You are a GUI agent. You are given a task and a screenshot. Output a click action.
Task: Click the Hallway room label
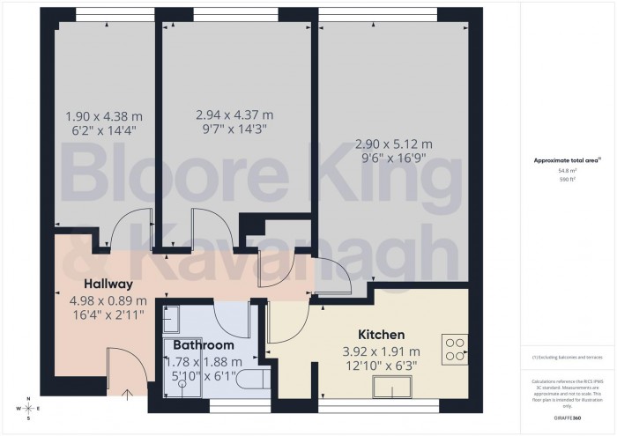(108, 284)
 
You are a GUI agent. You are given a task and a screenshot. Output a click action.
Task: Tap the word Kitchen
(381, 335)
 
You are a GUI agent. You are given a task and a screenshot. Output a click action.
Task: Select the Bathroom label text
(204, 345)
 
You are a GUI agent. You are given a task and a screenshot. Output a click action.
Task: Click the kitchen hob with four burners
(456, 350)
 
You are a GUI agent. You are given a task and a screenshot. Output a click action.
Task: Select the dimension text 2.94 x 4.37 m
(234, 115)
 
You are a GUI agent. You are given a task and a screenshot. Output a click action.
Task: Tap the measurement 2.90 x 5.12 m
(393, 144)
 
